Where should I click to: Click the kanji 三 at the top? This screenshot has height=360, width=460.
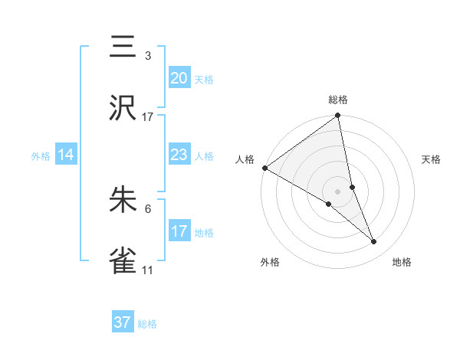123,47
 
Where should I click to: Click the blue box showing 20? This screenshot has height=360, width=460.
179,78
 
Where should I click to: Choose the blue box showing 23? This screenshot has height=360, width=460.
179,155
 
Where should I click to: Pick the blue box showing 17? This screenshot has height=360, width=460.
179,231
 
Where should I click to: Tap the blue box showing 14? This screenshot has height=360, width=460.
66,155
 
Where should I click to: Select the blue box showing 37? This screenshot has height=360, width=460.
123,322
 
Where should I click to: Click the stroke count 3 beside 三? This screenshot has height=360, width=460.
148,56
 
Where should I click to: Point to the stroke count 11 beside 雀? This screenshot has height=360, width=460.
148,270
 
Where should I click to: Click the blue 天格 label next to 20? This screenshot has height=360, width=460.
204,80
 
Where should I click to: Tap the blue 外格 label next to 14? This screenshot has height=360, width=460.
41,156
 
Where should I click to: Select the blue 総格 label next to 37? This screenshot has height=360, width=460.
147,324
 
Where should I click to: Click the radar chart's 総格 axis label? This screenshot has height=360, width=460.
338,100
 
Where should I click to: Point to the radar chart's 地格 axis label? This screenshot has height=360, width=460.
402,262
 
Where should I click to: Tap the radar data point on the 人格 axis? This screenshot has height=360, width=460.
264,168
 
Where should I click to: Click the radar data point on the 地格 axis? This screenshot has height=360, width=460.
374,242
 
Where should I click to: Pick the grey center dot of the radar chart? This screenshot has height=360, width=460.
338,191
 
